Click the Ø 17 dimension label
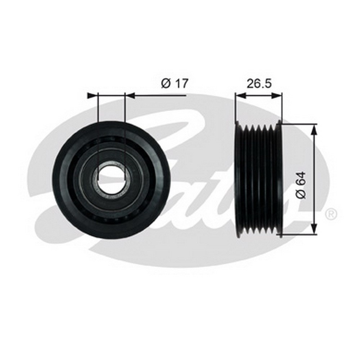(175, 83)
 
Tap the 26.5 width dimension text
(259, 84)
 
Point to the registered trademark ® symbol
(331, 214)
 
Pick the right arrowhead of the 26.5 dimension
(276, 95)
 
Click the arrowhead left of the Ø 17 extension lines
(93, 95)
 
